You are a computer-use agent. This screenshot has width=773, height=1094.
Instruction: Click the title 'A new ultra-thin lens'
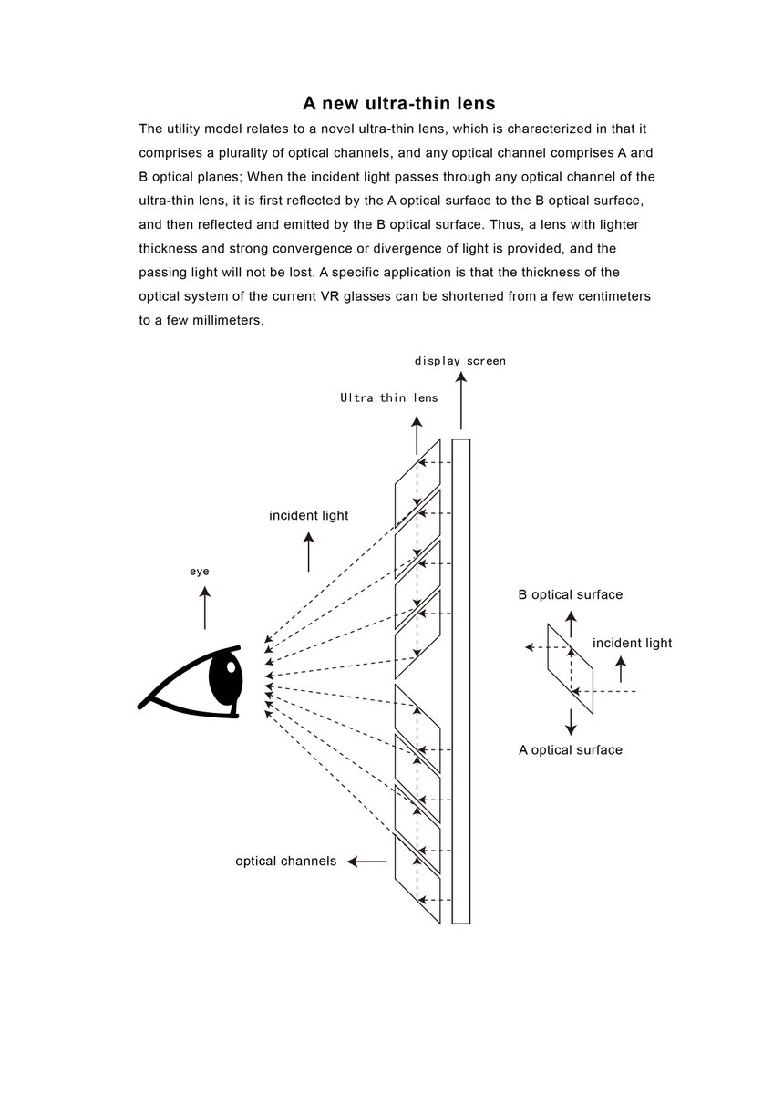(x=398, y=103)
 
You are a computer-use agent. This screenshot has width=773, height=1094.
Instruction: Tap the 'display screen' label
(x=460, y=361)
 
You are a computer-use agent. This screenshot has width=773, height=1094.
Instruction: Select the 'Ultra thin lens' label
(x=388, y=397)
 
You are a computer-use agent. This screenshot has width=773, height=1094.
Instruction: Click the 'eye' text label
(x=200, y=572)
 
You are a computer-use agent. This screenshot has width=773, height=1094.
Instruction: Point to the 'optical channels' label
(x=285, y=861)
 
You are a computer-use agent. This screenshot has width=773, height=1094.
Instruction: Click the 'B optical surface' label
(x=571, y=594)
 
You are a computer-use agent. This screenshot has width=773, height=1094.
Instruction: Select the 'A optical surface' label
(x=571, y=749)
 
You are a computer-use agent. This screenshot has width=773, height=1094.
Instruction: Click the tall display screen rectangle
(x=461, y=681)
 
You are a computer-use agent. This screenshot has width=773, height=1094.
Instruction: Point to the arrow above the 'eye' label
(x=205, y=608)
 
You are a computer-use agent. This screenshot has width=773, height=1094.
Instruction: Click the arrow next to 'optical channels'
(x=366, y=861)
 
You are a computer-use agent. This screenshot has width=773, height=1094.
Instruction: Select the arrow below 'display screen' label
(x=461, y=400)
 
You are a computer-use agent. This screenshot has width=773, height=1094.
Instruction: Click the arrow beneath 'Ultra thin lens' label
(x=417, y=436)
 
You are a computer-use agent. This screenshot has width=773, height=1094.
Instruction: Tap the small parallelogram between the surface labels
(x=571, y=668)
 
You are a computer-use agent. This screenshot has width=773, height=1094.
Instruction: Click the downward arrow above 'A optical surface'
(x=571, y=722)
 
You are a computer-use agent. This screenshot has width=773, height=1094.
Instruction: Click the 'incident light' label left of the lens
(x=309, y=515)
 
